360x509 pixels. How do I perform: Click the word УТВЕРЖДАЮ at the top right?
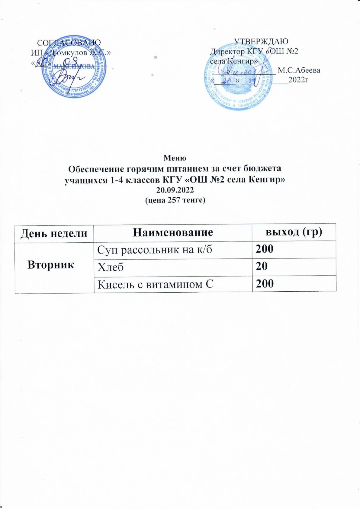coord(261,42)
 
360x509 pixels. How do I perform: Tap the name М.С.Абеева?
coord(299,70)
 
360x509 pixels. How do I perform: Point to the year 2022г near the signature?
coord(298,80)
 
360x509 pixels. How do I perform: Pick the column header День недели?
coord(54,233)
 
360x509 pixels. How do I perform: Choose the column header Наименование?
coord(173,232)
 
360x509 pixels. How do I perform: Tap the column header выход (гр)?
coord(294,232)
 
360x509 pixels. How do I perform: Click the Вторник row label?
coord(51,265)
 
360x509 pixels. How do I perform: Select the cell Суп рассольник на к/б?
coord(152,249)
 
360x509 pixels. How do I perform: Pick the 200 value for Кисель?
coord(265,284)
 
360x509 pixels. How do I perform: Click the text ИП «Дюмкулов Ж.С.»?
coord(70,52)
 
